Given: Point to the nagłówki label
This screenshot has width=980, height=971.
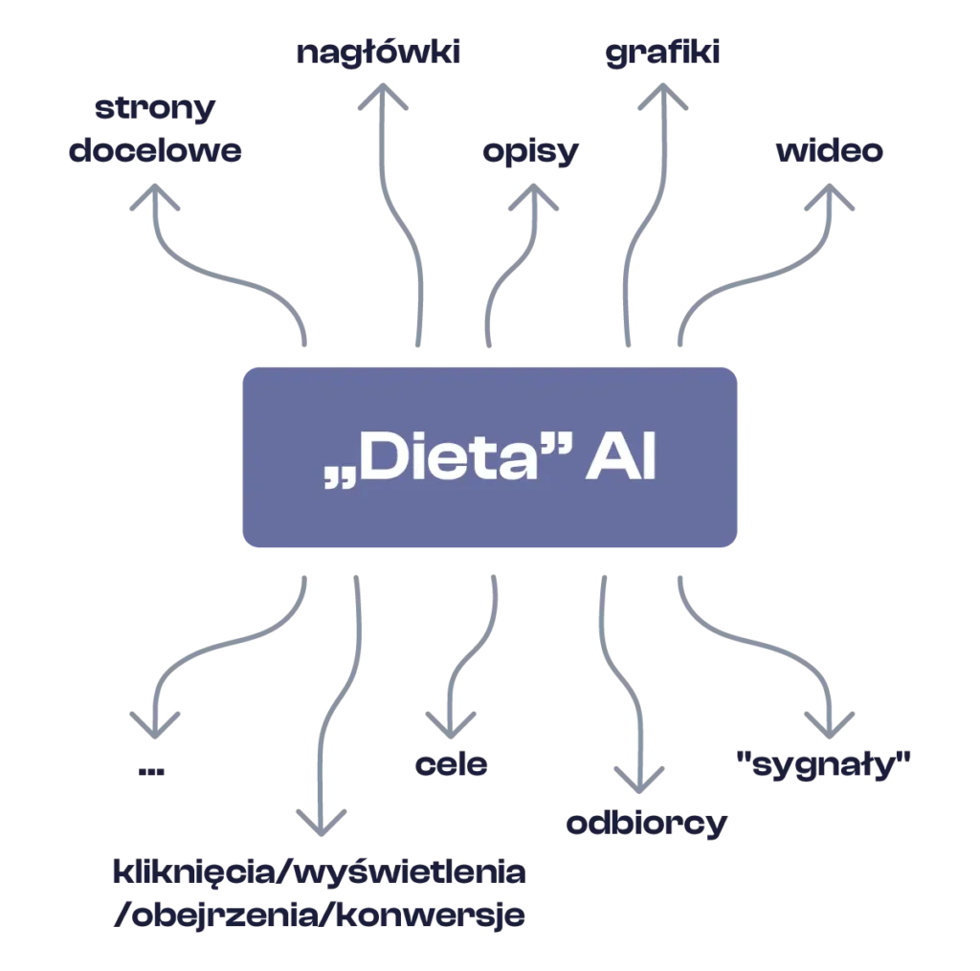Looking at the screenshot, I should tap(379, 54).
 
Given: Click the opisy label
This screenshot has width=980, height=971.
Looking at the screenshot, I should tap(529, 153).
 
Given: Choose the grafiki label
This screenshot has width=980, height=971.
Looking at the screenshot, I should tap(661, 54).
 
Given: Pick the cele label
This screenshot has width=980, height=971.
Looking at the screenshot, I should tap(452, 764).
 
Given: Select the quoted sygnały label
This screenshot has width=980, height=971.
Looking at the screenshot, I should tap(822, 764).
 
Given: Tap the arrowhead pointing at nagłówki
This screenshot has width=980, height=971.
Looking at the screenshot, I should tap(382, 99).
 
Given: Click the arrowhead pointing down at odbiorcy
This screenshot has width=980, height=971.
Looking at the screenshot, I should tap(638, 779).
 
